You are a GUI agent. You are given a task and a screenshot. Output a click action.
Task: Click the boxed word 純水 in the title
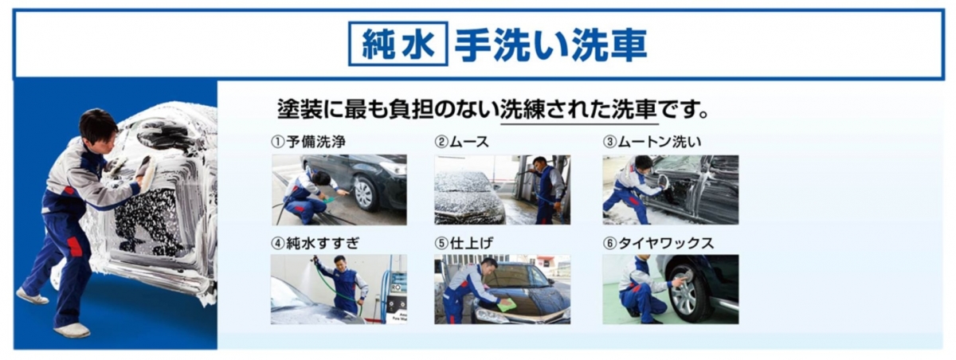pyautogui.click(x=398, y=44)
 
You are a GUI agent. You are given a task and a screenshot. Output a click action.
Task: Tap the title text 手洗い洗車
pyautogui.click(x=550, y=45)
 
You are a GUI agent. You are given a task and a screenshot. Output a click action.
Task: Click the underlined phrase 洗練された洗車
pyautogui.click(x=578, y=110)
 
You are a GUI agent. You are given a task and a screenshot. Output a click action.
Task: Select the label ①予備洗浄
pyautogui.click(x=308, y=142)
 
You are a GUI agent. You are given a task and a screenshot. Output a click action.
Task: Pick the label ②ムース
pyautogui.click(x=462, y=142)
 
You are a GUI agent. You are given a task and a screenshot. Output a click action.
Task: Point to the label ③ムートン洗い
pyautogui.click(x=652, y=142)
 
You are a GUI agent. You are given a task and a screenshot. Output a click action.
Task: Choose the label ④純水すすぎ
pyautogui.click(x=315, y=243)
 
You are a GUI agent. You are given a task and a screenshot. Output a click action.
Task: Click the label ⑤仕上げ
pyautogui.click(x=464, y=243)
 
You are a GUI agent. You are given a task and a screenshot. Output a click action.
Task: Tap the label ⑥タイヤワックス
pyautogui.click(x=658, y=243)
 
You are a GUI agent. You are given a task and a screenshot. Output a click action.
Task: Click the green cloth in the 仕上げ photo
pyautogui.click(x=507, y=304)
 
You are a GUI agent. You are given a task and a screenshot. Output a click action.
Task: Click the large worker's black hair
pyautogui.click(x=96, y=123)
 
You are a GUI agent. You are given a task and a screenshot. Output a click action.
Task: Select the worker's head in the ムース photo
pyautogui.click(x=540, y=164)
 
